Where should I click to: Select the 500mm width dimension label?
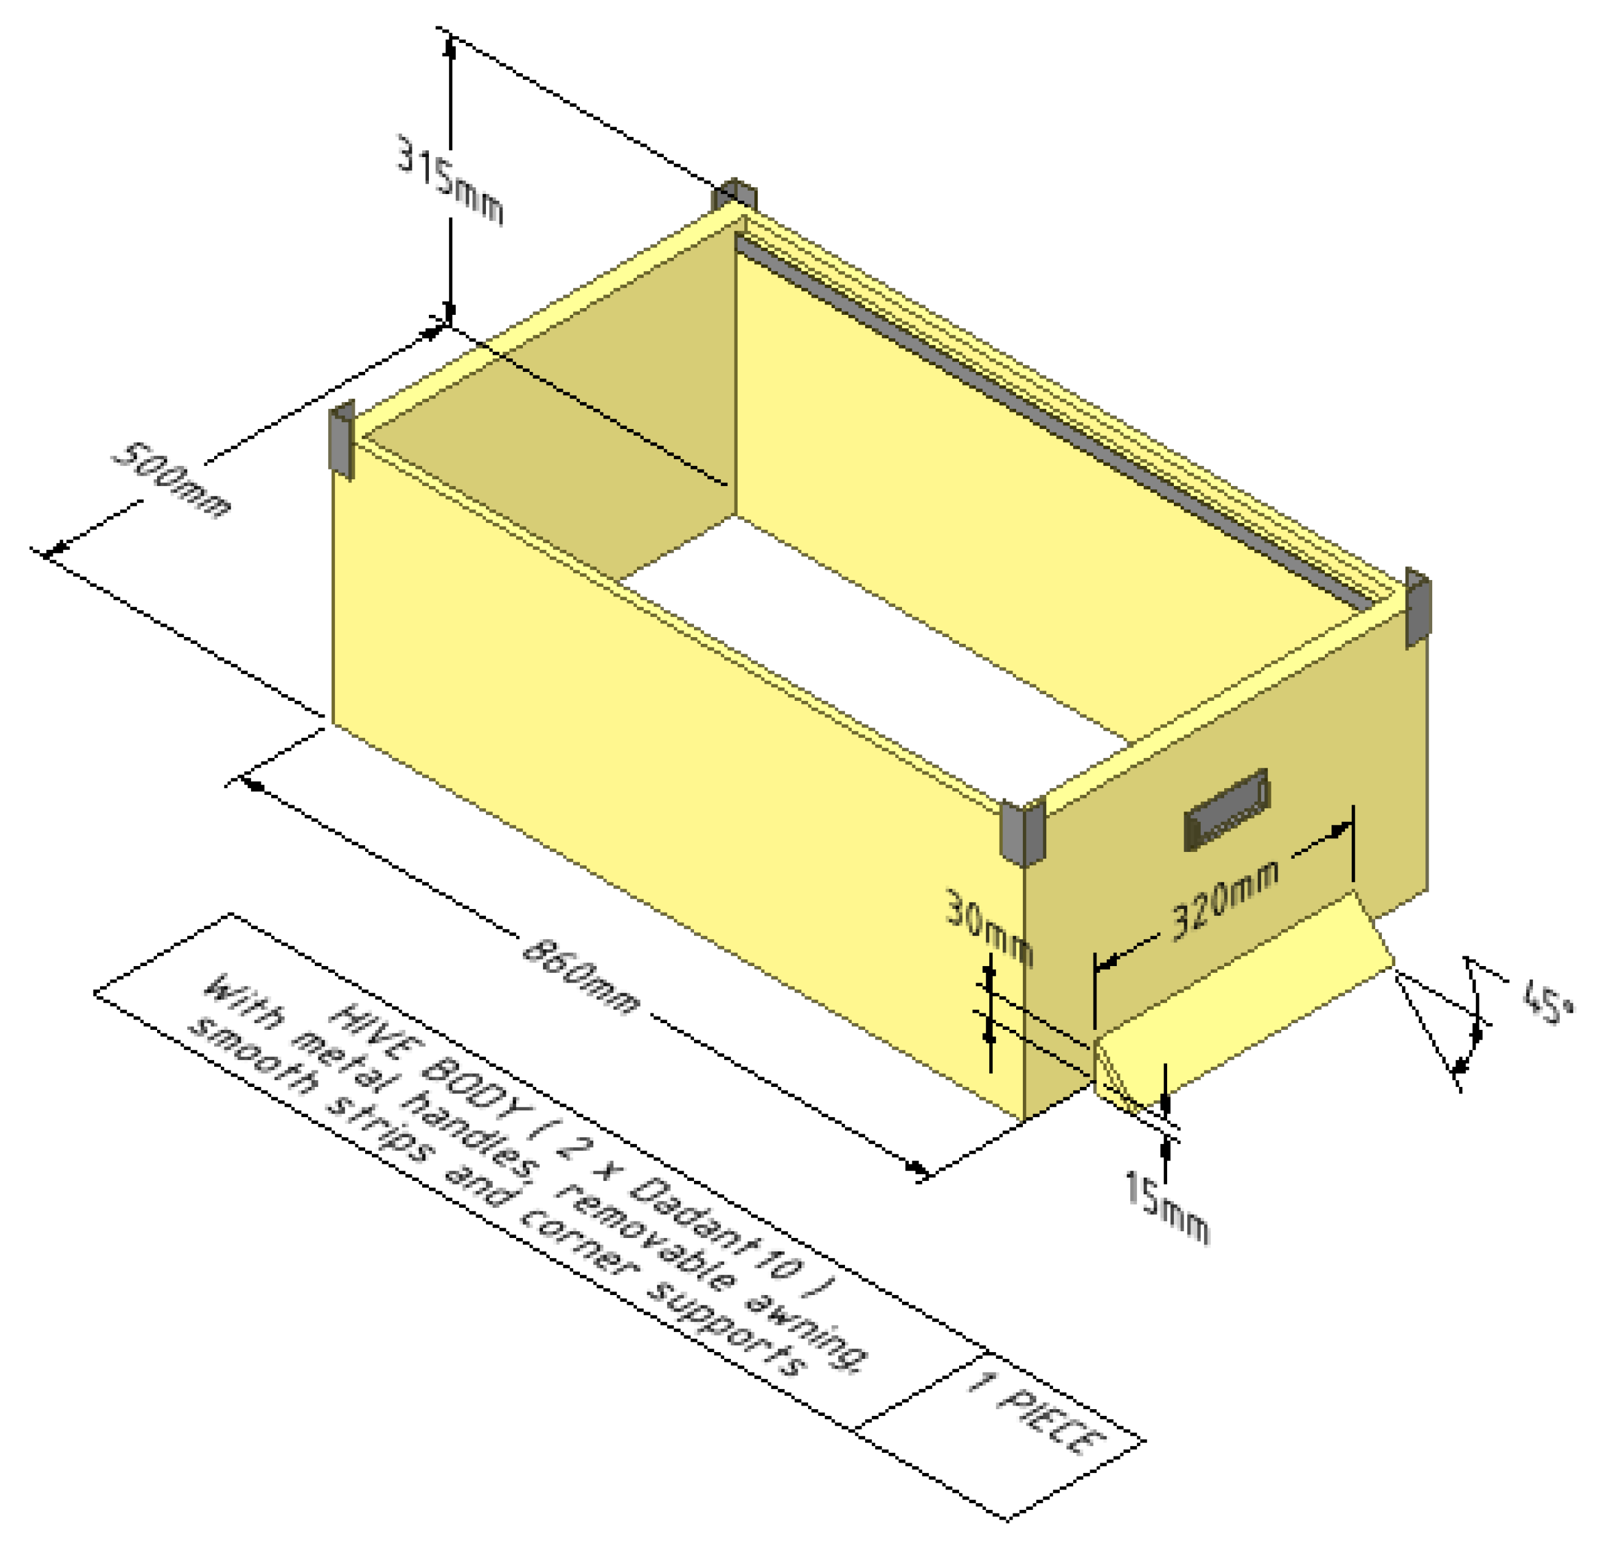(172, 481)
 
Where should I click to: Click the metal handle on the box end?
(1227, 810)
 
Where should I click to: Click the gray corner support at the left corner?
(342, 439)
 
